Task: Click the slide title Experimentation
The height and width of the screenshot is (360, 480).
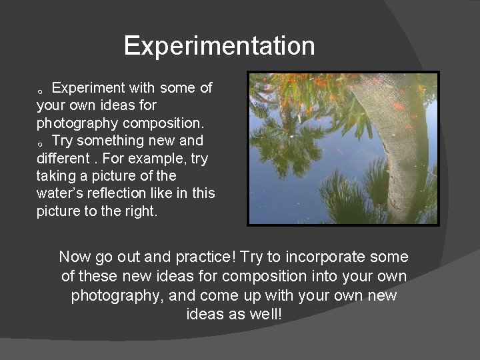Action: pyautogui.click(x=219, y=46)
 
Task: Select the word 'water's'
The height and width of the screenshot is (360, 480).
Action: pyautogui.click(x=60, y=193)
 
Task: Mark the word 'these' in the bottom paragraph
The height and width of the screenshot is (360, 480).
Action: pyautogui.click(x=98, y=276)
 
